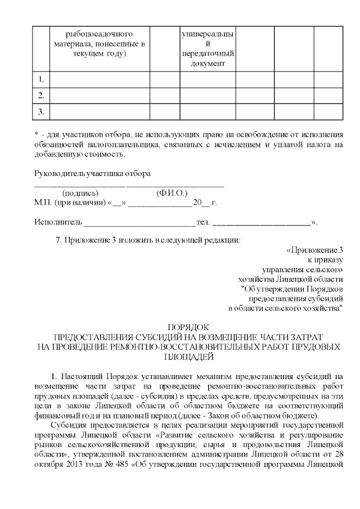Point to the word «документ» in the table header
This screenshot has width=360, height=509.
pyautogui.click(x=208, y=64)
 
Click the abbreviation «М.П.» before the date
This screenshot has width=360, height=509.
pyautogui.click(x=43, y=202)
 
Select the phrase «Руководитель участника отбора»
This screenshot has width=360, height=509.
pyautogui.click(x=92, y=174)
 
